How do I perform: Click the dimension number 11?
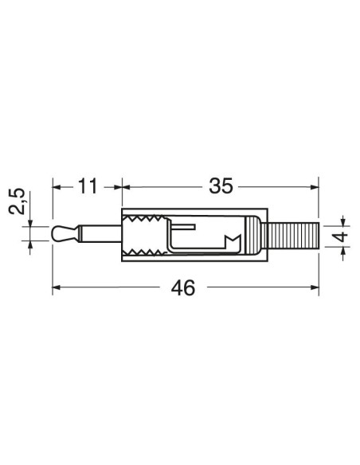pyautogui.click(x=88, y=186)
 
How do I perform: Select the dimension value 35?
pyautogui.click(x=221, y=186)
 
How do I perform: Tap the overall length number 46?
pyautogui.click(x=183, y=287)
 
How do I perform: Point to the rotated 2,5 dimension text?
pyautogui.click(x=17, y=201)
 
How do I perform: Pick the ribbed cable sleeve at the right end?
pyautogui.click(x=293, y=236)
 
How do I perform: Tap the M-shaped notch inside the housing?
pyautogui.click(x=233, y=242)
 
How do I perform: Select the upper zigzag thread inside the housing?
pyautogui.click(x=145, y=219)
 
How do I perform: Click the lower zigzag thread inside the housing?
pyautogui.click(x=145, y=252)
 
